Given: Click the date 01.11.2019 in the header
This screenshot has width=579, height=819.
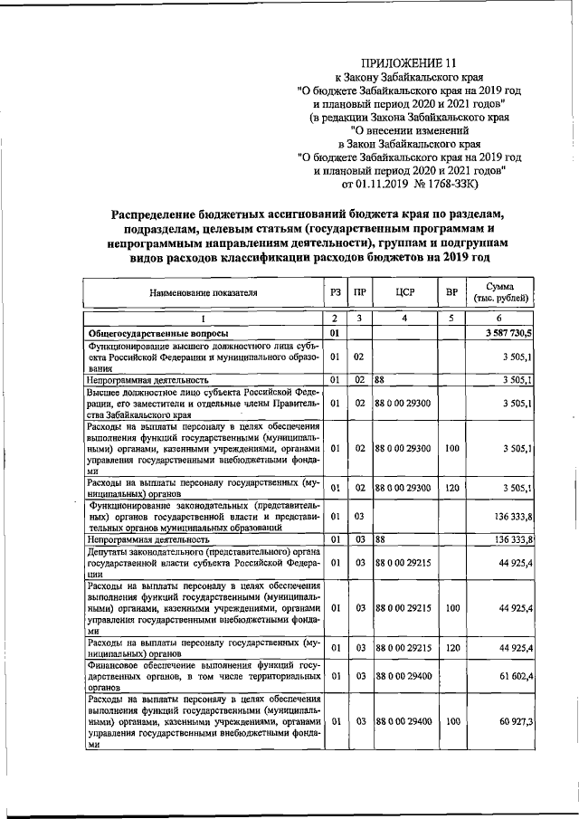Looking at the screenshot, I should (x=392, y=185).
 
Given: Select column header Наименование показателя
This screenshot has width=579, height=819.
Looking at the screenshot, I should (x=204, y=293).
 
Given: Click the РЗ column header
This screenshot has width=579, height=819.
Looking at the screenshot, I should (x=335, y=293).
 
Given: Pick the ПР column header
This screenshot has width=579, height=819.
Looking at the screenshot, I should (x=359, y=293).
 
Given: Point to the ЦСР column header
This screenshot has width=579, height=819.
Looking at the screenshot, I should (x=404, y=293).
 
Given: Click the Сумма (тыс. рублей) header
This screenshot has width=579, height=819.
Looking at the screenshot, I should (x=500, y=293).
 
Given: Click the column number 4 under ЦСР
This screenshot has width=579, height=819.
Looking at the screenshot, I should (x=404, y=319).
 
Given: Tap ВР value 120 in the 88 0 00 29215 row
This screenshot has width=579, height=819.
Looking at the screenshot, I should (x=451, y=647).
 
